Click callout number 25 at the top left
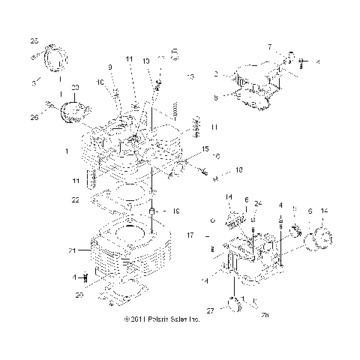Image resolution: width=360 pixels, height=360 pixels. [33, 40]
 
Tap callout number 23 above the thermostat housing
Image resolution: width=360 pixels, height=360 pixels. [74, 88]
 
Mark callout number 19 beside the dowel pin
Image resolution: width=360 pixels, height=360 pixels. [175, 212]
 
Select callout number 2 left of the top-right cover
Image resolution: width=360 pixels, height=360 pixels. [215, 74]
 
